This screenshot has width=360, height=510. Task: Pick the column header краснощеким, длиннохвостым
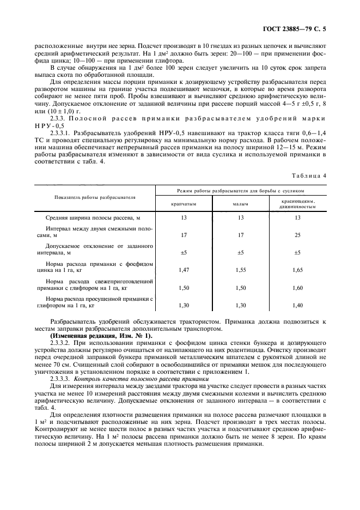(x=297, y=204)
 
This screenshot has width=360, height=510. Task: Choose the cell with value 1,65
(x=297, y=270)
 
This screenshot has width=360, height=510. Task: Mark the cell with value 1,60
(x=297, y=287)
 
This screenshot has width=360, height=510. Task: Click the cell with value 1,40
(x=297, y=305)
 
